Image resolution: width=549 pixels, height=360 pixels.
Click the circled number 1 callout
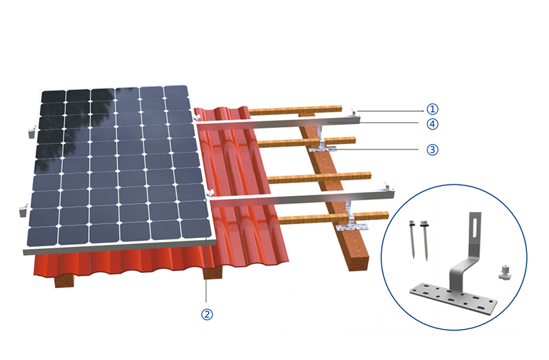tap(432, 109)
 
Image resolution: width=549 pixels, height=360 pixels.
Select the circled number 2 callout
tap(207, 314)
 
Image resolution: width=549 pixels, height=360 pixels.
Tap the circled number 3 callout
tap(432, 149)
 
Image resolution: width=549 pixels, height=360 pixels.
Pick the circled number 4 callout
tap(432, 124)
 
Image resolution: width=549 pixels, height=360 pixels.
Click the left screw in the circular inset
tap(412, 239)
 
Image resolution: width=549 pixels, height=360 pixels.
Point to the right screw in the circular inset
tap(425, 241)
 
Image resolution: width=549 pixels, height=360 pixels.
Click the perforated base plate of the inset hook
tap(454, 298)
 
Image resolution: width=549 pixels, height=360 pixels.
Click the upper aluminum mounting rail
tap(279, 123)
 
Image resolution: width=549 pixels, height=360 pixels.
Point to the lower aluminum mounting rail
tap(302, 197)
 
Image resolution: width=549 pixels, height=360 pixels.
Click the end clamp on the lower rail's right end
tap(387, 186)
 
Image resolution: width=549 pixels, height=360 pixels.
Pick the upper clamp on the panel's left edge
tap(32, 132)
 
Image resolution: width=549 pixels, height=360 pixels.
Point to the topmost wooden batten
tap(295, 110)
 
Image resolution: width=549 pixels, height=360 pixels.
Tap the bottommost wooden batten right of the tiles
tap(334, 217)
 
